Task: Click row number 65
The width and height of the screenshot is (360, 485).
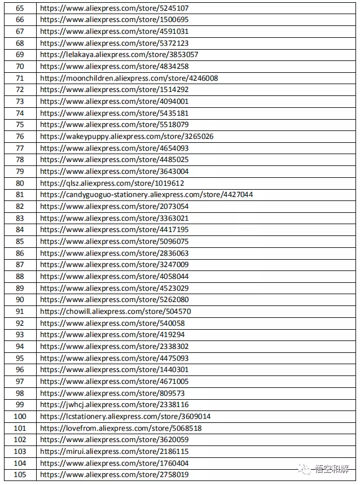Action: click(20, 8)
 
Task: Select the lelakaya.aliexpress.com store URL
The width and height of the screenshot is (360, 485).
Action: click(119, 55)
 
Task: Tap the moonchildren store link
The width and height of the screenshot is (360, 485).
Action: click(129, 78)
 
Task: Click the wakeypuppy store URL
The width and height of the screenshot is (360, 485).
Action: click(127, 137)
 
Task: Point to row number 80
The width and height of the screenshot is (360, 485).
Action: click(20, 183)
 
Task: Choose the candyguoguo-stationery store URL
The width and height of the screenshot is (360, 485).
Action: click(147, 195)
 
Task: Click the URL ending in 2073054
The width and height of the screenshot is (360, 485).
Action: click(115, 207)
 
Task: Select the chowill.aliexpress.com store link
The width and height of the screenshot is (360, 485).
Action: click(116, 312)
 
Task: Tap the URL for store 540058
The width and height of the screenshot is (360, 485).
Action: click(112, 323)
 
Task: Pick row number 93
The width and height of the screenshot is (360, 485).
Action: click(20, 335)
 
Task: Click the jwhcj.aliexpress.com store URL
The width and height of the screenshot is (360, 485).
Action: click(115, 405)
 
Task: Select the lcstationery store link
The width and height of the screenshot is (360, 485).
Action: click(126, 417)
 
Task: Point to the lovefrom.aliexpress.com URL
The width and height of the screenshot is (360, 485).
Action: click(121, 429)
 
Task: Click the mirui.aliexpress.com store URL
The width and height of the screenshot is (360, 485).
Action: click(115, 452)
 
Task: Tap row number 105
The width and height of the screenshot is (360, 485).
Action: click(20, 475)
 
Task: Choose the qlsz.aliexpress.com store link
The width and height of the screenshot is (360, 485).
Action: click(112, 183)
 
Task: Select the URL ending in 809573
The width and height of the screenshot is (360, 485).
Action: click(112, 393)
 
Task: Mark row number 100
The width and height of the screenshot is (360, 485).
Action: click(20, 417)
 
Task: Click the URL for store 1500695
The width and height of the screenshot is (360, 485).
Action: click(115, 20)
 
